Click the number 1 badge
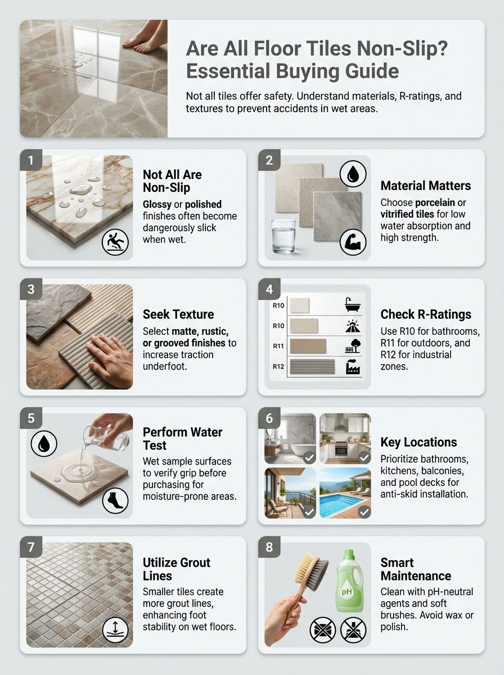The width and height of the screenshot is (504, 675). [x=30, y=160]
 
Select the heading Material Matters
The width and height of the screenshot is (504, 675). [x=425, y=186]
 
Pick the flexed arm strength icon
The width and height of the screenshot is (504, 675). [x=353, y=243]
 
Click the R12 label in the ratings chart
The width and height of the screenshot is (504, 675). [x=278, y=367]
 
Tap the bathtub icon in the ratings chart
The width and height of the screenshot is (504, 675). [x=353, y=305]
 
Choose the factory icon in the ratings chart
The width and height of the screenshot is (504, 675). [x=353, y=368]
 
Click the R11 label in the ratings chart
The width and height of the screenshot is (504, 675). [x=278, y=346]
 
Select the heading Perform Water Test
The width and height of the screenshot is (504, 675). [x=182, y=439]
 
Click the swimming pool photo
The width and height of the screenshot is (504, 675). [x=345, y=493]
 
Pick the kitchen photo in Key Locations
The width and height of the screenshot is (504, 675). [x=345, y=438]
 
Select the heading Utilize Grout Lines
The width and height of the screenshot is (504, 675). [x=176, y=569]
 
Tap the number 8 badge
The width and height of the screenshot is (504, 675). [x=269, y=547]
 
